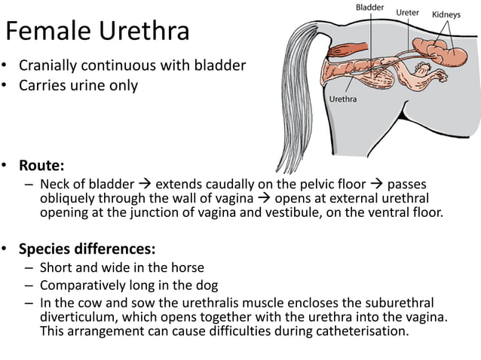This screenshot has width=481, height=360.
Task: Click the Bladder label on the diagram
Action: [x=369, y=8]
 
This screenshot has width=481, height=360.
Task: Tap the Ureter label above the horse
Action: [x=408, y=13]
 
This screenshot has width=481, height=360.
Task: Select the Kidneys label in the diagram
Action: [x=446, y=14]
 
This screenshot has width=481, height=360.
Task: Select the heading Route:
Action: [x=41, y=165]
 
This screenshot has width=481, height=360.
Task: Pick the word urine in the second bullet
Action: [x=84, y=85]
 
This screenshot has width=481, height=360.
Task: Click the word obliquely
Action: [x=69, y=199]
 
